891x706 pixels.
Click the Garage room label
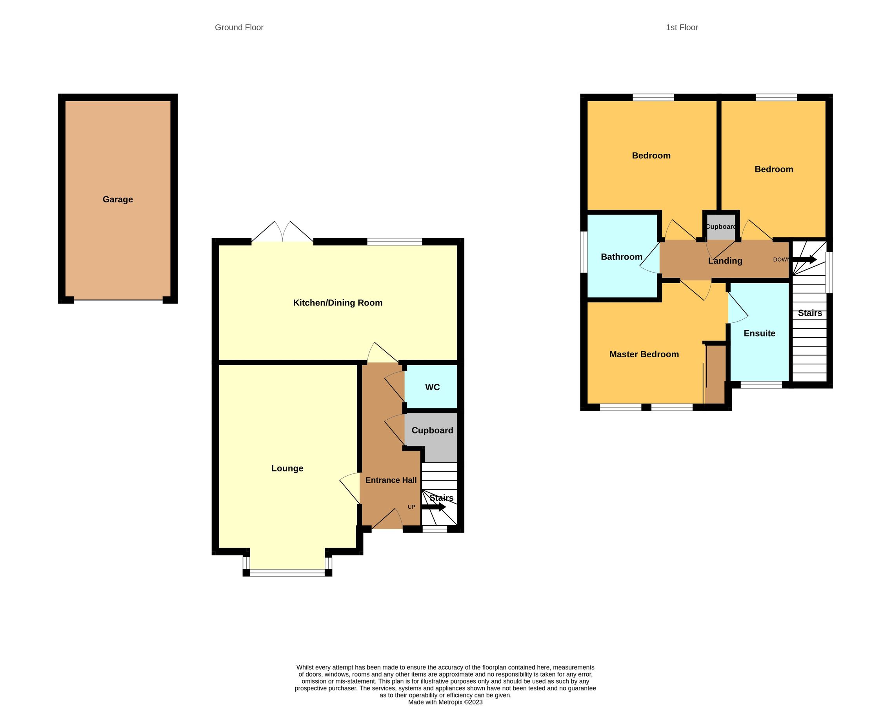(x=118, y=199)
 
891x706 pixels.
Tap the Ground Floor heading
(x=239, y=27)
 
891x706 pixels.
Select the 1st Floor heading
(x=682, y=27)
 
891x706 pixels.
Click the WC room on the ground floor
(x=432, y=387)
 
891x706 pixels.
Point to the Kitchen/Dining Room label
(x=338, y=302)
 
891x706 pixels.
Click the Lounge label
(x=287, y=468)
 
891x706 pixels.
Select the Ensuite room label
(x=759, y=333)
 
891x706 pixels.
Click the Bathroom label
(x=621, y=257)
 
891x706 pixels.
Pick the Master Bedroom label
(x=644, y=354)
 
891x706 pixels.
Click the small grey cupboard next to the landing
(x=721, y=227)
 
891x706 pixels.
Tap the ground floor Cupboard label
(x=432, y=430)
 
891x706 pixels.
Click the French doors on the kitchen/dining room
(x=282, y=233)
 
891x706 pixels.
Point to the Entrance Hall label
(x=391, y=480)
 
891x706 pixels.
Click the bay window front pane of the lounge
(x=287, y=573)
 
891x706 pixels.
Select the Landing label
(x=725, y=261)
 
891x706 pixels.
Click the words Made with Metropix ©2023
(x=445, y=702)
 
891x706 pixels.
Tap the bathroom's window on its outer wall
(x=584, y=252)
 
